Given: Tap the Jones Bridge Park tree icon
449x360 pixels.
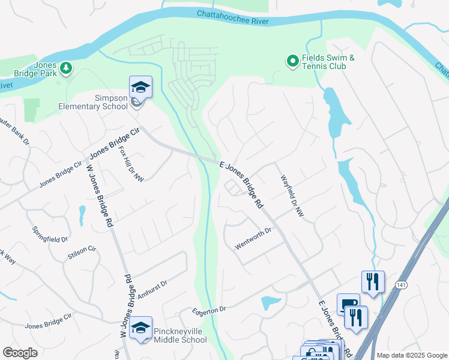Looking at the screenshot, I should click(66, 68).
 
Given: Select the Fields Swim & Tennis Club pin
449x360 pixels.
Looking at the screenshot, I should click(292, 61).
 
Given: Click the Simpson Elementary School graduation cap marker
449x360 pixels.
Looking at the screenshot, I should click(140, 88).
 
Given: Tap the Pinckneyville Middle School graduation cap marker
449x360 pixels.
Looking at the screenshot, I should click(140, 328).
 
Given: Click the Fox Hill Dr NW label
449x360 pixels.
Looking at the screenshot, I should click(131, 163).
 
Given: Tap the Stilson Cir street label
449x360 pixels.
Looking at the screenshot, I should click(82, 252).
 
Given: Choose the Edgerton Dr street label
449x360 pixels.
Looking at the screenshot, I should click(209, 310).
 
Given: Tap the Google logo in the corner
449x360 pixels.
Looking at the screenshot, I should click(20, 353).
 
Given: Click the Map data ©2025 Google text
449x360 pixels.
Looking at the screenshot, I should click(412, 355).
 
